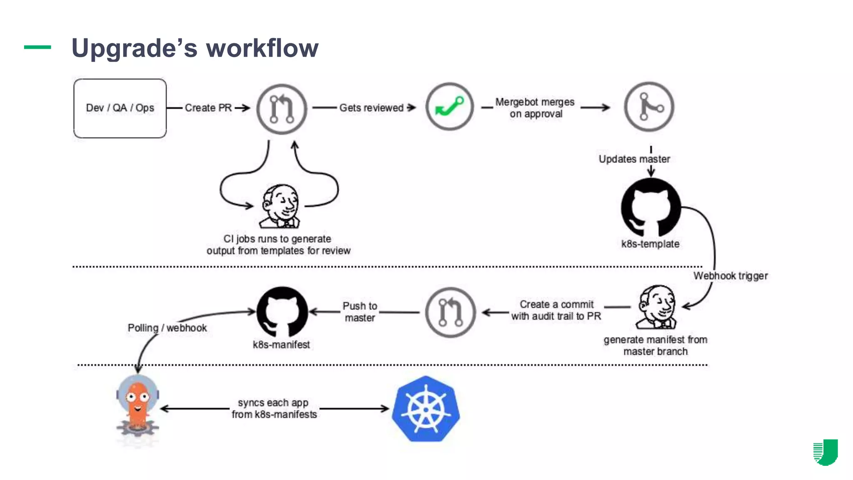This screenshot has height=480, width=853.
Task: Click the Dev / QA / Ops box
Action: [x=120, y=108]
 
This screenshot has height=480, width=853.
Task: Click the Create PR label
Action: [x=208, y=108]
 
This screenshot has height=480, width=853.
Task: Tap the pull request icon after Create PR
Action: [x=282, y=109]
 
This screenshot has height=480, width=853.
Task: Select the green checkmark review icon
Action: [x=449, y=107]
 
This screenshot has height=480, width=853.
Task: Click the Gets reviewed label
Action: [x=371, y=108]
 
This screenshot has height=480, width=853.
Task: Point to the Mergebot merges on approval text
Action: [x=535, y=108]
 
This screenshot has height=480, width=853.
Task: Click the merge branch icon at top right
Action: [x=649, y=107]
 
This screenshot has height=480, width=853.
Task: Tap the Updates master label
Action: [x=634, y=159]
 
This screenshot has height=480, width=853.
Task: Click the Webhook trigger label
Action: [x=730, y=276]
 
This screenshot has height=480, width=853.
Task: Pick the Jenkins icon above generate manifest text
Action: [x=657, y=307]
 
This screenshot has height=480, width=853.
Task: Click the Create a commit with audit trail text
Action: [x=556, y=310]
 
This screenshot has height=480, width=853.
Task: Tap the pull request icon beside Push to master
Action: [x=450, y=312]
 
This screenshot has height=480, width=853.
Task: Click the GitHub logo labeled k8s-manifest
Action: [x=282, y=312]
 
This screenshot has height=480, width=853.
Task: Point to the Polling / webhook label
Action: [x=167, y=328]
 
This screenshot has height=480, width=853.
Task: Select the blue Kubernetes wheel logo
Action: [x=426, y=409]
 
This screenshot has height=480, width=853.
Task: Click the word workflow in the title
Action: [x=262, y=48]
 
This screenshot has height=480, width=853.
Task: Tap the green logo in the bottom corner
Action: [x=826, y=452]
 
